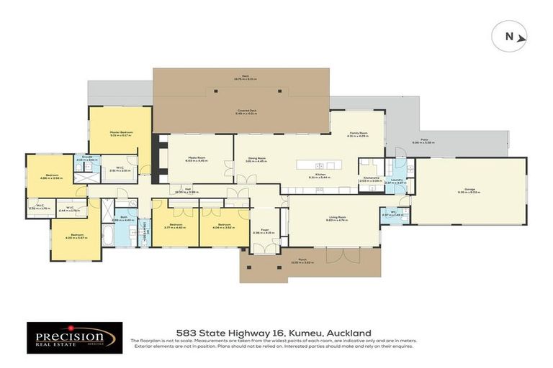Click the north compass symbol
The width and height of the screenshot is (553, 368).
510,36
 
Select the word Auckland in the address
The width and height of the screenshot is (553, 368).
349,333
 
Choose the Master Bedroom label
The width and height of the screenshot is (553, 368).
120,132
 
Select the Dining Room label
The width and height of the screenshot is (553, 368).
256,159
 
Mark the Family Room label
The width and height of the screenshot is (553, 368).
359,134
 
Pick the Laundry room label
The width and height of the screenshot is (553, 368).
396,180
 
